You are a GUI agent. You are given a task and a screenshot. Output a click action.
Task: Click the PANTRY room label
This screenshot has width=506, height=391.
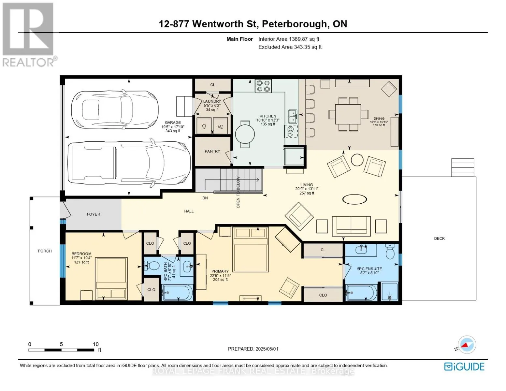pyautogui.click(x=212, y=152)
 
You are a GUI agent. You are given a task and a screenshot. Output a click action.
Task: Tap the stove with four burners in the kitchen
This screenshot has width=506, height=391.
pyautogui.click(x=263, y=86)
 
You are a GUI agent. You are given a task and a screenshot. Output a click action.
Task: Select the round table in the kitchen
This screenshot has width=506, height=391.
pyautogui.click(x=245, y=134)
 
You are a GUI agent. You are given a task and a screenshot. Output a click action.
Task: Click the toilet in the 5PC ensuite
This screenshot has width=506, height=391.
pyautogui.click(x=390, y=251)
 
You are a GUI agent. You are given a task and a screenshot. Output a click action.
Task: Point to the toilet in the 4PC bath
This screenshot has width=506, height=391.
pyautogui.click(x=151, y=265)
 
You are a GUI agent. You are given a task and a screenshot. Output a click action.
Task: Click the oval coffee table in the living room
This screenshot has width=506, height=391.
pyautogui.click(x=354, y=199)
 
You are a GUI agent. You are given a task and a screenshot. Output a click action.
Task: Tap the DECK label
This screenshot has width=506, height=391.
pyautogui.click(x=439, y=239)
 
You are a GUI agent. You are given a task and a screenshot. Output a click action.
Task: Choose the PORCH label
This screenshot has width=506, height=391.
pyautogui.click(x=45, y=251)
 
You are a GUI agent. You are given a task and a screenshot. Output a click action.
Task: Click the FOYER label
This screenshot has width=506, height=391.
pyautogui.click(x=94, y=214)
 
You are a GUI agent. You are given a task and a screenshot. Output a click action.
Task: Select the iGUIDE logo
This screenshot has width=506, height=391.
pyautogui.click(x=464, y=367)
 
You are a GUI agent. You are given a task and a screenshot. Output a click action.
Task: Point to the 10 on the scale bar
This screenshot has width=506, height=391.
pyautogui.click(x=95, y=344)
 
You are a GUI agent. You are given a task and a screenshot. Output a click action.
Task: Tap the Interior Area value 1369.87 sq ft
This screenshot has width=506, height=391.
pyautogui.click(x=304, y=39)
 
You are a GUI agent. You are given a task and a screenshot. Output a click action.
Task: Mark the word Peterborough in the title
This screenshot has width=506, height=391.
pyautogui.click(x=294, y=24)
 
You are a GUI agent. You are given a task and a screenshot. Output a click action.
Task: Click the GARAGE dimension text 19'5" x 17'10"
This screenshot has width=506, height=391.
pyautogui.click(x=173, y=127)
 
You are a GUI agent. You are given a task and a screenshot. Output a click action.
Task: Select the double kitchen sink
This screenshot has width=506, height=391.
pyautogui.click(x=293, y=116)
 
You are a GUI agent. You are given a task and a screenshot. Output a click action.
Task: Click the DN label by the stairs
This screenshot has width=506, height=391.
pyautogui.click(x=205, y=198)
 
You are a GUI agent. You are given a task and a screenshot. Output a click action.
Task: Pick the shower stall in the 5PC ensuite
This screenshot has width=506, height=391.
pyautogui.click(x=389, y=291)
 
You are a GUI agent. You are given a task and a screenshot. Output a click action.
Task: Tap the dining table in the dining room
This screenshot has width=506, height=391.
pyautogui.click(x=348, y=114)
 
